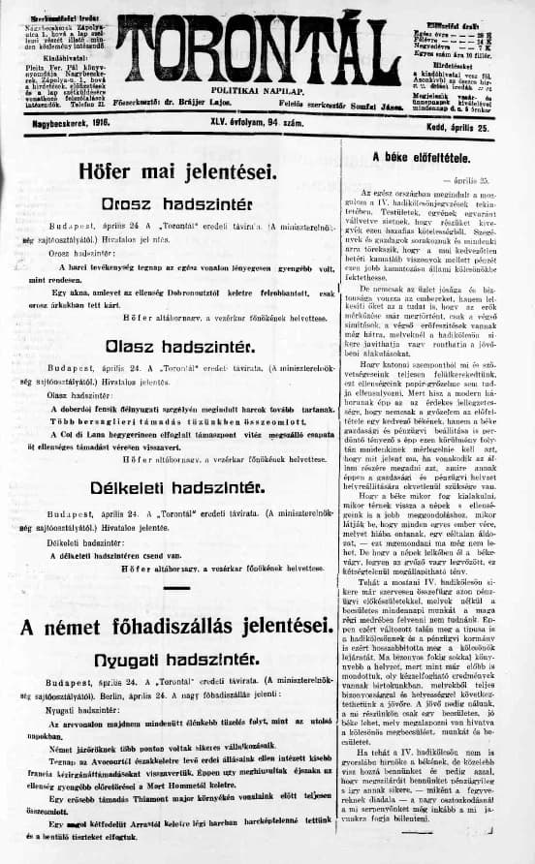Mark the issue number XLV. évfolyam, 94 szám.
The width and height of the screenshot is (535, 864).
(x=266, y=126)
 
